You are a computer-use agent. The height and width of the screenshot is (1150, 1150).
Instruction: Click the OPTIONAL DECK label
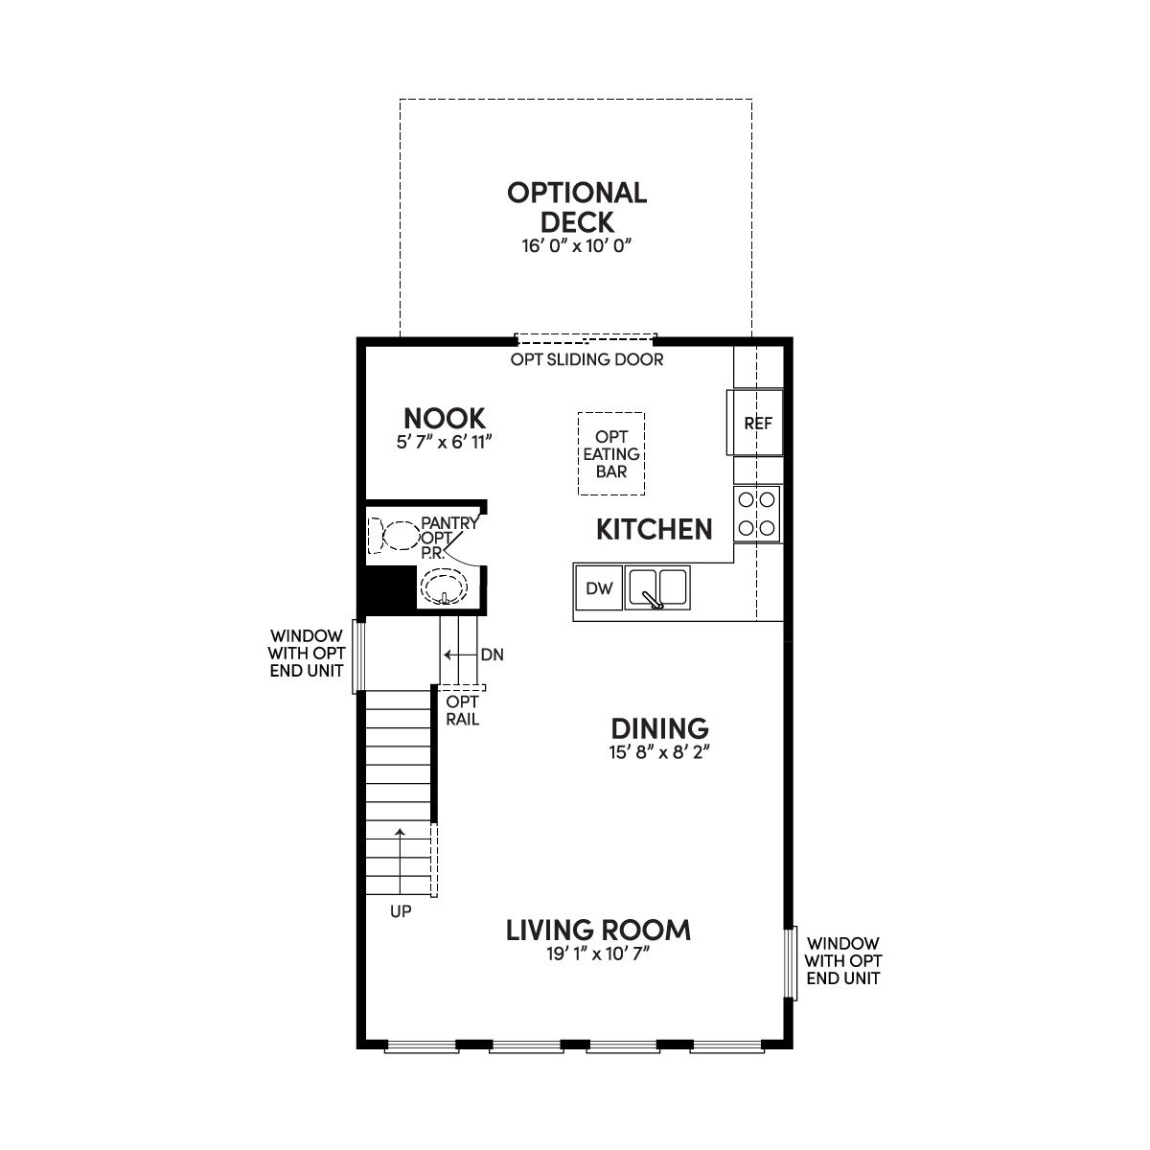pos(577,207)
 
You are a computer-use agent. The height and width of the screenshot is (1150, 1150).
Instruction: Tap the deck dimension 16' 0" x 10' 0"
pos(577,246)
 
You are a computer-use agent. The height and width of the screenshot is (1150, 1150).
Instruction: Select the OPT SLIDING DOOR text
pos(586,359)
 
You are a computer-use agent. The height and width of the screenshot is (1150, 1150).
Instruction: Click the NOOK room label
pos(444,419)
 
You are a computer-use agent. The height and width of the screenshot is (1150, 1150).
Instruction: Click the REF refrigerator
pos(755,423)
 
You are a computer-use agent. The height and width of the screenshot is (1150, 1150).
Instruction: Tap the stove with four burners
pos(757,514)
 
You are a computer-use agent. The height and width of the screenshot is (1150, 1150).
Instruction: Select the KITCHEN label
pos(655,529)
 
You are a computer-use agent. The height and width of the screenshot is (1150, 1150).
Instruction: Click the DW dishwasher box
pos(599,587)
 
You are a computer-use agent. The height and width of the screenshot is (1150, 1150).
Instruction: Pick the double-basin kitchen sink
pos(657,587)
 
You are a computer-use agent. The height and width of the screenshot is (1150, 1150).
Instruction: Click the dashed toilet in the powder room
pos(394,536)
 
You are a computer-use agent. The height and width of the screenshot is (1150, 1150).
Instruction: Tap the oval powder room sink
pos(444,587)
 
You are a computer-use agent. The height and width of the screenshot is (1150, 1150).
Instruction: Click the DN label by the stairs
pos(493,655)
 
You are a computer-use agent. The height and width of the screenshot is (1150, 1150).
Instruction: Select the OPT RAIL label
pos(463,710)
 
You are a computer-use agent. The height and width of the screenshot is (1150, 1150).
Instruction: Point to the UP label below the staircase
pos(401,911)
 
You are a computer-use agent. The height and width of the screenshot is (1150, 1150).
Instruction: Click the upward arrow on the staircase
pos(400,862)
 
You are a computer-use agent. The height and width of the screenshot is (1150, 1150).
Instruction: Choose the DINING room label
pos(659,728)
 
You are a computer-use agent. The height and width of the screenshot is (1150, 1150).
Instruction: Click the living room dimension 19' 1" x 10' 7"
pos(598,954)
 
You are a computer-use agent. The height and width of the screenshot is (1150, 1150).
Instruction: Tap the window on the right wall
pos(792,963)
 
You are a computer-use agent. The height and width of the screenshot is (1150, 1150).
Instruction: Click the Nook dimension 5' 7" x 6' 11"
pos(444,442)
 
